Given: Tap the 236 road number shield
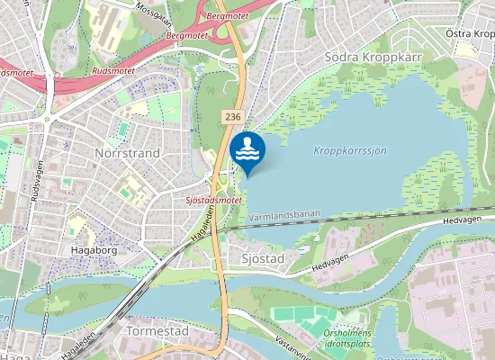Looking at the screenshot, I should point(233,117).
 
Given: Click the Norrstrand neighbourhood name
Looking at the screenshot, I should point(127,153).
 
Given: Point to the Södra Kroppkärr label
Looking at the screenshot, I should point(373,56).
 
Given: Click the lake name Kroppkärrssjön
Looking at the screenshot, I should point(350,150).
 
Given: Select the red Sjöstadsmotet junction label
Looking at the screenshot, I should point(213,200).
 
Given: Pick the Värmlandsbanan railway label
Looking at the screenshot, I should point(282,217).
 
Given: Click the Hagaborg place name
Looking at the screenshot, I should point(94,250).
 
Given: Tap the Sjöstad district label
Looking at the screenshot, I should point(263,259).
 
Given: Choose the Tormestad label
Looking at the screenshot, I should point(157,331).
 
